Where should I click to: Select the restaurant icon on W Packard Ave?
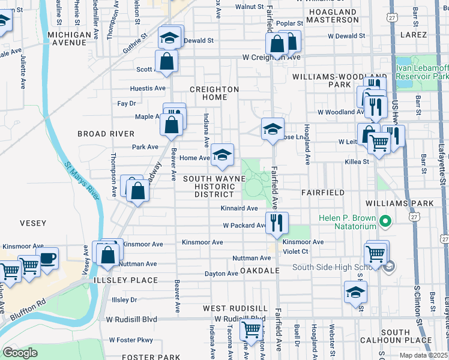coord(277,223)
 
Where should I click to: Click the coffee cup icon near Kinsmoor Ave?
coord(47,259)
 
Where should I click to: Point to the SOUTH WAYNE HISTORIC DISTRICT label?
coord(214,187)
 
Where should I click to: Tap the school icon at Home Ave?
coord(222,155)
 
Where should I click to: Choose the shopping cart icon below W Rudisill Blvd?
coord(251,329)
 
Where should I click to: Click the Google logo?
coord(20,353)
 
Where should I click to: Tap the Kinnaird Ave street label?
coord(239,208)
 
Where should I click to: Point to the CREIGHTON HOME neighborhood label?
coord(214,94)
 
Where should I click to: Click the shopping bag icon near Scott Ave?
coord(166,61)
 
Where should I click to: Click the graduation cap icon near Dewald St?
coord(170,38)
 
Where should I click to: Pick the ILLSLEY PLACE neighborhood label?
coord(125,280)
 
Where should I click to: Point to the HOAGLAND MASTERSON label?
coord(332,16)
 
